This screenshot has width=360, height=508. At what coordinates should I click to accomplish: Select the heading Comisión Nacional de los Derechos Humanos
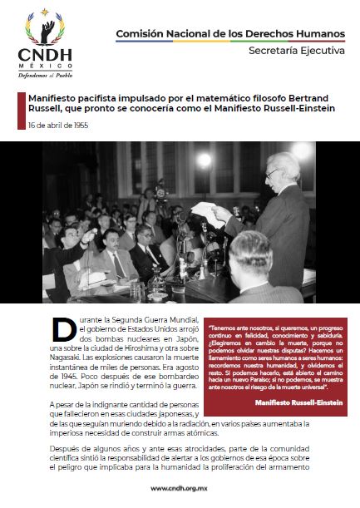230,33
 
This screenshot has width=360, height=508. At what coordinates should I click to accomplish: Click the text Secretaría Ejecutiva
297,52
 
